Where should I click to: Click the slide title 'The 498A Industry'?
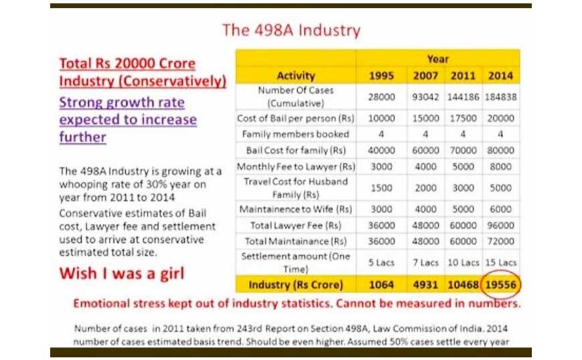(x=292, y=30)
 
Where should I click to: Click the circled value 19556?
(x=500, y=284)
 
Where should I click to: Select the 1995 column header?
(x=381, y=76)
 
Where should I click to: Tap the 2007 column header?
(x=425, y=76)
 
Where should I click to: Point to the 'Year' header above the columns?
(x=438, y=59)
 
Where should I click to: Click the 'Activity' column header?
(x=296, y=76)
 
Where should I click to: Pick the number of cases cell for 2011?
(x=463, y=97)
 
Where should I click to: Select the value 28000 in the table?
(x=381, y=97)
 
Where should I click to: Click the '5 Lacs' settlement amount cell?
(x=381, y=262)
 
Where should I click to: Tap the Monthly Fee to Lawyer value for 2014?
(x=500, y=167)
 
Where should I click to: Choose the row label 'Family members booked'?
(x=296, y=134)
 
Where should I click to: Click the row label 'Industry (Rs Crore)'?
(x=296, y=284)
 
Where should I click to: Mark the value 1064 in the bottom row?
(x=381, y=284)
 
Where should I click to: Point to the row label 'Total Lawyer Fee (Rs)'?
(x=296, y=226)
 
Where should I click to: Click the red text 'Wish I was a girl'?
(x=122, y=274)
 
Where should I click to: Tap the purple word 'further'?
(x=82, y=137)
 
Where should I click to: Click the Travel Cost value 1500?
(x=381, y=188)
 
